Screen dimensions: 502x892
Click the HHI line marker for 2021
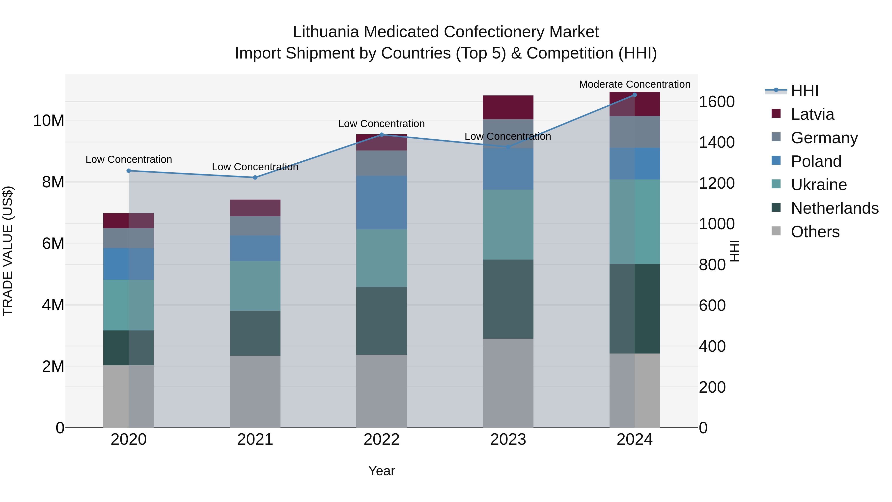(255, 177)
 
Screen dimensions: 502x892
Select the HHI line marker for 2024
(634, 95)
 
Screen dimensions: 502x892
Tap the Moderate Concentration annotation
(634, 84)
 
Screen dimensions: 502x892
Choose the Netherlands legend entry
(834, 208)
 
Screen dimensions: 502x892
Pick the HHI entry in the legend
(804, 91)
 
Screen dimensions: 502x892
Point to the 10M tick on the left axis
(49, 120)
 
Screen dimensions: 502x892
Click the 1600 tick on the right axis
(716, 102)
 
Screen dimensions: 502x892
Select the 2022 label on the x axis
(382, 440)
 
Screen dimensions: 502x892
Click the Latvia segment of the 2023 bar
(508, 107)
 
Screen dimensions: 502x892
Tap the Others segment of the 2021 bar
(255, 391)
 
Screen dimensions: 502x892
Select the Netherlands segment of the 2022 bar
(382, 321)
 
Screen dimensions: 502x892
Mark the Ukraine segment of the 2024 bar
(634, 222)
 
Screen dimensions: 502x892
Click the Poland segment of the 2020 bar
(128, 264)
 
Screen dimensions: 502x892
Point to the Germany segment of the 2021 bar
(255, 226)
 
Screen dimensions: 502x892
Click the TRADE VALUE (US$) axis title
(8, 251)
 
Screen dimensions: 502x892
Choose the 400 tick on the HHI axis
(712, 346)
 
